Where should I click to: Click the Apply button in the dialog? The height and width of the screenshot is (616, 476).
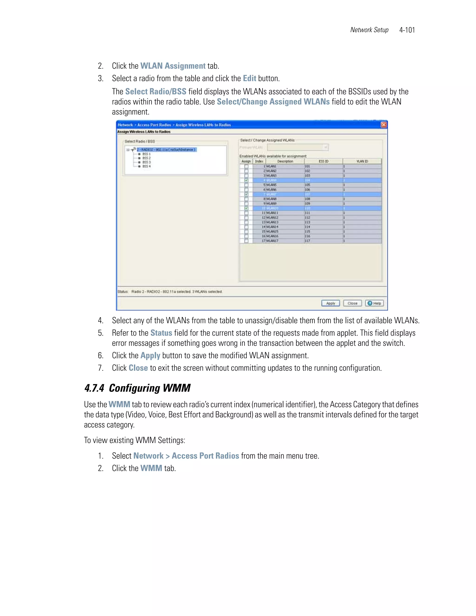331,303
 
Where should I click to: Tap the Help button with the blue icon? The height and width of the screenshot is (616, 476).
374,303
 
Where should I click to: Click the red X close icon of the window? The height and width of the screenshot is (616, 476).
383,125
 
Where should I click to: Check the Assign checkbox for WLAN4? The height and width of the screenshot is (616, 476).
246,180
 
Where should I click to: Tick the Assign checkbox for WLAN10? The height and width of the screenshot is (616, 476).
246,208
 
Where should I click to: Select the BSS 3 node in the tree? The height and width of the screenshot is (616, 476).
146,162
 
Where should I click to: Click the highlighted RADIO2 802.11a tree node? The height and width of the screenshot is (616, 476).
166,149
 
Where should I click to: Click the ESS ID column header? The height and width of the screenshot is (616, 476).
324,161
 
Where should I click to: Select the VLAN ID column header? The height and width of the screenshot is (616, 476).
362,161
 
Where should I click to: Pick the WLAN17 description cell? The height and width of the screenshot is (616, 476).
272,241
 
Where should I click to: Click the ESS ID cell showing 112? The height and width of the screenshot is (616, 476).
307,218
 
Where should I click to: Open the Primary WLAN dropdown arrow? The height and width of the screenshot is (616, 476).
326,147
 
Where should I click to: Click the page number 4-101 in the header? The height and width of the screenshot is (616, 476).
407,30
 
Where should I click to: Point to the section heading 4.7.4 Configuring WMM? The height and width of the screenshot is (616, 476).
137,388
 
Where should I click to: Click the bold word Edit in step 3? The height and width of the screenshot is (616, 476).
250,78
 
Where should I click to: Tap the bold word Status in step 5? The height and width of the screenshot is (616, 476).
161,333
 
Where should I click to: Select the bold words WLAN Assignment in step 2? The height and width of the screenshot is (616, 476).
173,66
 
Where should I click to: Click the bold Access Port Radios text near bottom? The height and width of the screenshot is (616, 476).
205,456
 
